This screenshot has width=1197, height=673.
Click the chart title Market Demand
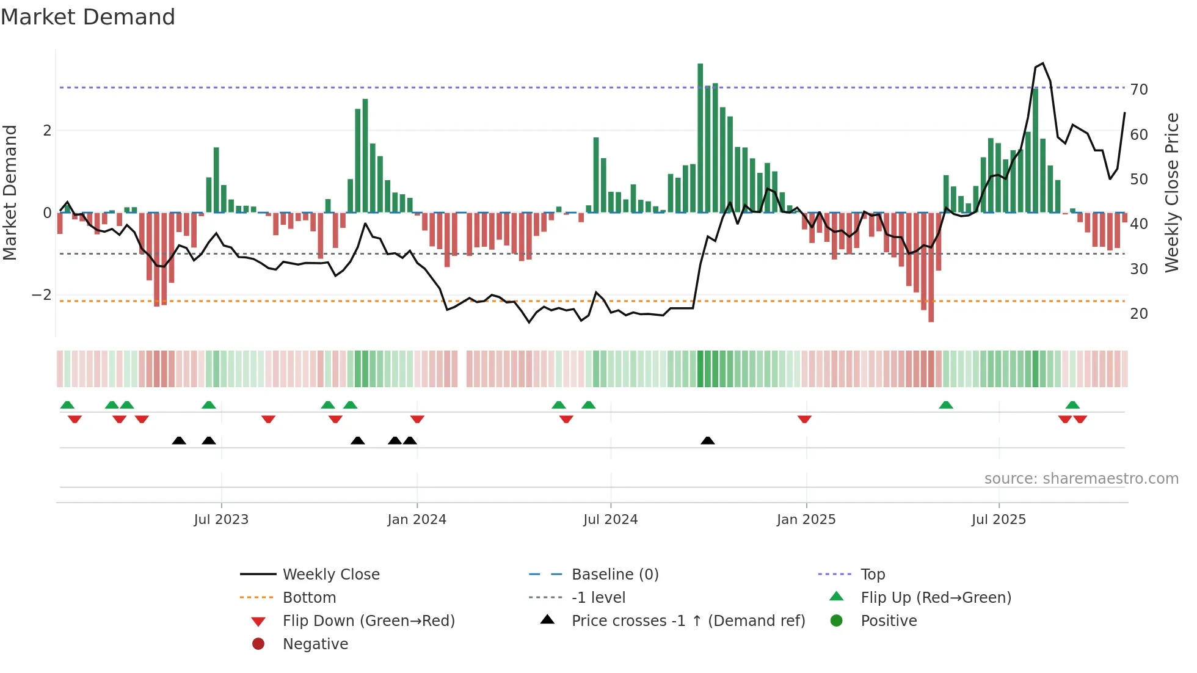pyautogui.click(x=88, y=17)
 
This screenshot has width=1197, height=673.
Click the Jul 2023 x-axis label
pyautogui.click(x=221, y=520)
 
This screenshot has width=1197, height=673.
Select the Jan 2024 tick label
pyautogui.click(x=417, y=520)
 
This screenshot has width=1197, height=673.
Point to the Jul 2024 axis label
pyautogui.click(x=610, y=520)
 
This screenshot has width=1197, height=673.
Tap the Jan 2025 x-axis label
pyautogui.click(x=806, y=520)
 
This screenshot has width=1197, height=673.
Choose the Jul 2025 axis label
pyautogui.click(x=999, y=520)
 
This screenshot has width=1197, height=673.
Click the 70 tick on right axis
pyautogui.click(x=1139, y=90)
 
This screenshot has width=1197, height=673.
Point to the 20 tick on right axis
pyautogui.click(x=1139, y=314)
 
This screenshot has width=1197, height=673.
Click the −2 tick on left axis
pyautogui.click(x=42, y=295)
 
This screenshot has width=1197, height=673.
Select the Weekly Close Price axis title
pyautogui.click(x=1171, y=192)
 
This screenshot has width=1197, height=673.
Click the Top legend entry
pyautogui.click(x=873, y=575)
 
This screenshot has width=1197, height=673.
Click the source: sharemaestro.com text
pyautogui.click(x=1081, y=479)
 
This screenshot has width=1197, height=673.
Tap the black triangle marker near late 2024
pyautogui.click(x=707, y=441)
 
